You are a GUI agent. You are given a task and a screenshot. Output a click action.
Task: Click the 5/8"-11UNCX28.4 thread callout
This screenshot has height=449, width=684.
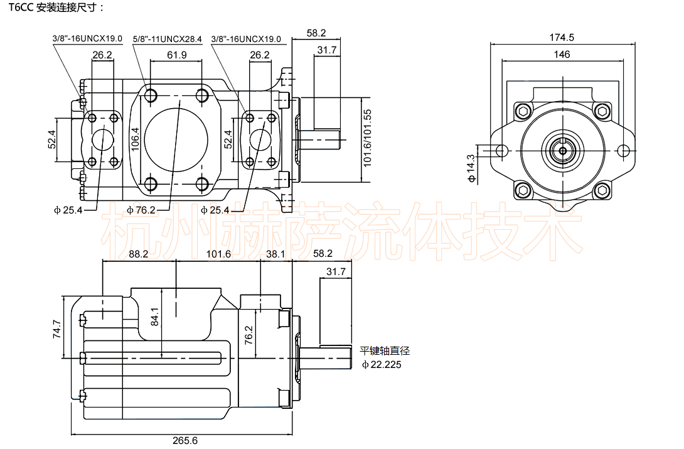coord(168,39)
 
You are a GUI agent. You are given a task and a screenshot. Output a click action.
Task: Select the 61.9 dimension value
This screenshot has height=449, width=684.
coord(177,55)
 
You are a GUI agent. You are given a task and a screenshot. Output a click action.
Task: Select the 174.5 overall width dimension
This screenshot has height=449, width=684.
coord(562,38)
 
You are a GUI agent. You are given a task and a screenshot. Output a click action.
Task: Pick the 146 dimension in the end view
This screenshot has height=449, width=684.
coord(562,55)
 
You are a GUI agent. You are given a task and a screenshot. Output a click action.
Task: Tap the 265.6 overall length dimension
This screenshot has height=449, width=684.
coord(185,440)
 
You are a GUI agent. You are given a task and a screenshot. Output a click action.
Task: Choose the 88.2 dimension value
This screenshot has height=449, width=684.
coord(138,254)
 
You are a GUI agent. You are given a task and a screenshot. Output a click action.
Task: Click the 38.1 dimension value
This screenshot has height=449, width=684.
coord(276,254)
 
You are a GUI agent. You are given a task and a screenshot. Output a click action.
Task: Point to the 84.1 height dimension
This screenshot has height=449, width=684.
coord(156,321)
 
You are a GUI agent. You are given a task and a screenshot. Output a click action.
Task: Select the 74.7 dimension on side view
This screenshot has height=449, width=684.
coord(56,329)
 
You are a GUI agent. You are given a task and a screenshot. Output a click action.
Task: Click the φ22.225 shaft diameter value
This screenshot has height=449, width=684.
coord(382,364)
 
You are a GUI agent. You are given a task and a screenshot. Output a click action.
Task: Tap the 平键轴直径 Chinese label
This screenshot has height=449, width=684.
coord(385,351)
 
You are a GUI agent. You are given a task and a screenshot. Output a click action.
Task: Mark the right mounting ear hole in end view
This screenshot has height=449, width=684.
coord(623,151)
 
